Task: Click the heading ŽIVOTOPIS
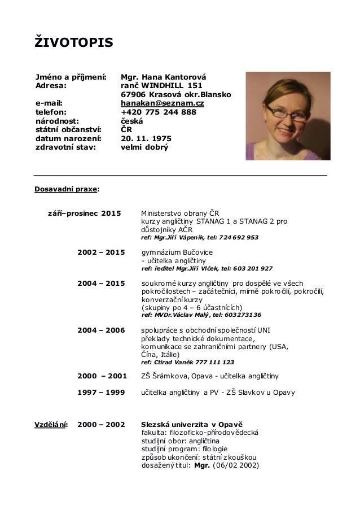click(74, 41)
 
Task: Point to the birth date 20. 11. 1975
click(147, 138)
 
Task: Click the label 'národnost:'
click(57, 120)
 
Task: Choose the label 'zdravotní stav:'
click(65, 146)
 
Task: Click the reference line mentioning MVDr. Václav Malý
click(201, 315)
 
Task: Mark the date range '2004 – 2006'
click(100, 329)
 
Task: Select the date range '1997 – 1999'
click(100, 391)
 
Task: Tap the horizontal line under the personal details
click(181, 177)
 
